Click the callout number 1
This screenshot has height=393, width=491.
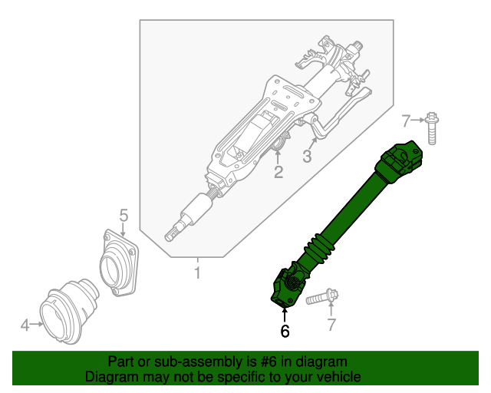point(197,272)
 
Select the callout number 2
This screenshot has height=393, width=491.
point(278,173)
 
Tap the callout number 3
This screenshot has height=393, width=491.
point(307,157)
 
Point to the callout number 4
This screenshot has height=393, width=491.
point(25,325)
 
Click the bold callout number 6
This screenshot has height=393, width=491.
point(285,331)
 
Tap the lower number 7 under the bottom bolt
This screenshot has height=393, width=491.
point(331,325)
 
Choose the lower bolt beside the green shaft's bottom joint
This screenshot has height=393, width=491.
point(321,298)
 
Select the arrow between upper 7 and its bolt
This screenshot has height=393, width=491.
point(419,119)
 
